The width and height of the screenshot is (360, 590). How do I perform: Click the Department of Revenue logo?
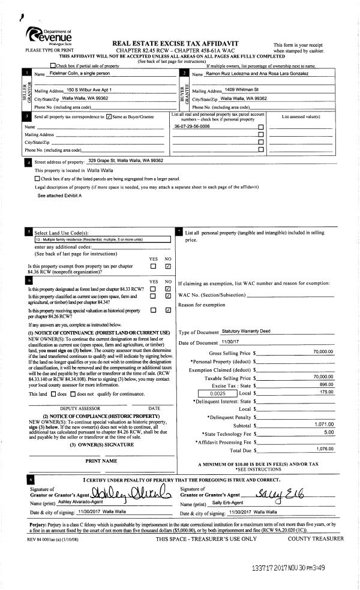pos(49,37)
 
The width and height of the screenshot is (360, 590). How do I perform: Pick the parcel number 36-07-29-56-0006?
pos(191,127)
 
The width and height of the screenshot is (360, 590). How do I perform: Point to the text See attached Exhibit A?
pos(59,195)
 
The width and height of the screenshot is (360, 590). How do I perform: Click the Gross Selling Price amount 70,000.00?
pos(323,352)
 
